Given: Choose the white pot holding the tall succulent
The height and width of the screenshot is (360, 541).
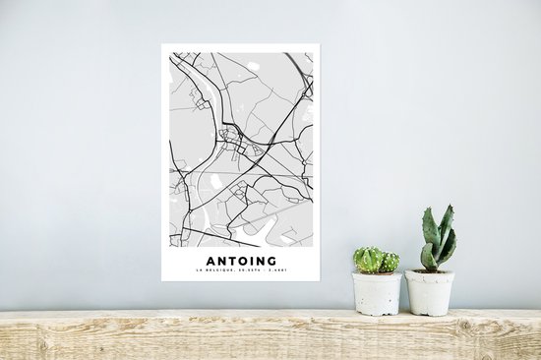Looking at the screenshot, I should coord(430,292).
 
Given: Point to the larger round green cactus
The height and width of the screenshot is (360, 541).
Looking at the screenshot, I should coord(368,260).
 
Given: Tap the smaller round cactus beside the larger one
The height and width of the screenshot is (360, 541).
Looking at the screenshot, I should coord(391,263).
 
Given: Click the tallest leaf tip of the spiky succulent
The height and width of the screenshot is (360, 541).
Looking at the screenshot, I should coord(449,208).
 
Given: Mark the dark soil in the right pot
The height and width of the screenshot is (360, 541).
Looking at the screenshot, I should coord(430,271).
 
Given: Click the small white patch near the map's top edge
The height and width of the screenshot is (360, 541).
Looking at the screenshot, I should coord(254,66).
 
